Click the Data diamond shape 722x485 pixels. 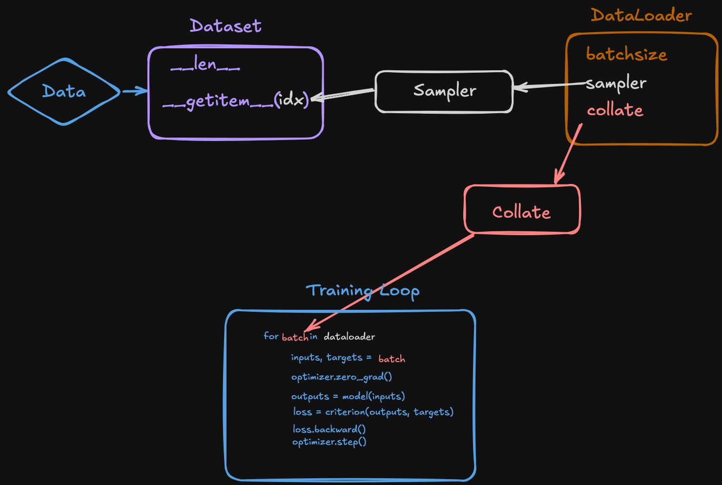click(64, 92)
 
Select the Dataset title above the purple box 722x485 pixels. click(226, 26)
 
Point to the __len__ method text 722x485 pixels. click(205, 64)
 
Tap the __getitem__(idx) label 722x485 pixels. click(236, 101)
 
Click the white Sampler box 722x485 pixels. click(444, 91)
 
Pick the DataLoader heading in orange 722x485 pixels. click(641, 16)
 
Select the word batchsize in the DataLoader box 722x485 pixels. click(626, 54)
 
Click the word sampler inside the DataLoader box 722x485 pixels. click(617, 83)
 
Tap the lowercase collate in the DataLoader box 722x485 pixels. click(615, 110)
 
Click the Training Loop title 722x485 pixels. click(362, 291)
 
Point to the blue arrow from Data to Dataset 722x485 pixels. click(134, 91)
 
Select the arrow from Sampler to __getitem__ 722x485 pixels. click(343, 94)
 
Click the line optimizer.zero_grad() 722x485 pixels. click(341, 377)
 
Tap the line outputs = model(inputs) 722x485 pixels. click(348, 396)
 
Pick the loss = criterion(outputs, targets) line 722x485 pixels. click(373, 412)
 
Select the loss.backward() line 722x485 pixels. click(329, 429)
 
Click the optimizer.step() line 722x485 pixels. click(329, 442)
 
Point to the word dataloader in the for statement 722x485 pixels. click(349, 337)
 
